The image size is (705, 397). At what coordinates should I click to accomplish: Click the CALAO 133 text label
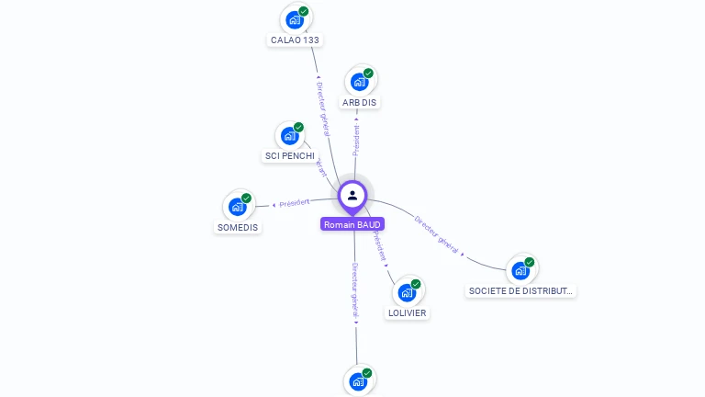pyautogui.click(x=296, y=40)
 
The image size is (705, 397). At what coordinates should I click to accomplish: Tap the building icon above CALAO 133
pyautogui.click(x=294, y=19)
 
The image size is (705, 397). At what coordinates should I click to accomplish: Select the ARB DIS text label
pyautogui.click(x=360, y=102)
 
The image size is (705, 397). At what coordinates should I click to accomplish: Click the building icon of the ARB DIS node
pyautogui.click(x=359, y=82)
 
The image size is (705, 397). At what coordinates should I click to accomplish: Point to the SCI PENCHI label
pyautogui.click(x=289, y=155)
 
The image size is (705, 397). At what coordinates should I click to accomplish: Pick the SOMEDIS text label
pyautogui.click(x=238, y=227)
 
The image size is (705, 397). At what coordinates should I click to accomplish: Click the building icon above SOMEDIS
pyautogui.click(x=237, y=207)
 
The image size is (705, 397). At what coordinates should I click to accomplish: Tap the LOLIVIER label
pyautogui.click(x=408, y=312)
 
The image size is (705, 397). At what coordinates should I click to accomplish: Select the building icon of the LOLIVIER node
pyautogui.click(x=407, y=293)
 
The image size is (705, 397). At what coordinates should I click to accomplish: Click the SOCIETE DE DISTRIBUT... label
pyautogui.click(x=520, y=290)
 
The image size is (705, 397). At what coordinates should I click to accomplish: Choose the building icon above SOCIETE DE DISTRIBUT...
pyautogui.click(x=520, y=270)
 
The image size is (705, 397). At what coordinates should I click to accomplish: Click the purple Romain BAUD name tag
pyautogui.click(x=352, y=224)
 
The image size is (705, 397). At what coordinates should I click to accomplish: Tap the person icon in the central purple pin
pyautogui.click(x=352, y=195)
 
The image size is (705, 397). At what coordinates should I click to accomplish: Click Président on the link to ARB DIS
pyautogui.click(x=356, y=139)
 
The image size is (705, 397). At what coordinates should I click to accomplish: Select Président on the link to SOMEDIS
pyautogui.click(x=295, y=202)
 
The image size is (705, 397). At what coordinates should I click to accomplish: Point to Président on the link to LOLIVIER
pyautogui.click(x=378, y=247)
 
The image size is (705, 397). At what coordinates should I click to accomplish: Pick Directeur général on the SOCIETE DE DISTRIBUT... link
pyautogui.click(x=436, y=234)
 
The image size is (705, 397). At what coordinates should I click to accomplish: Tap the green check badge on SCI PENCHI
pyautogui.click(x=298, y=127)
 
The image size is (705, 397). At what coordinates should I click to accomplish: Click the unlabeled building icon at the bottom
pyautogui.click(x=358, y=381)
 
